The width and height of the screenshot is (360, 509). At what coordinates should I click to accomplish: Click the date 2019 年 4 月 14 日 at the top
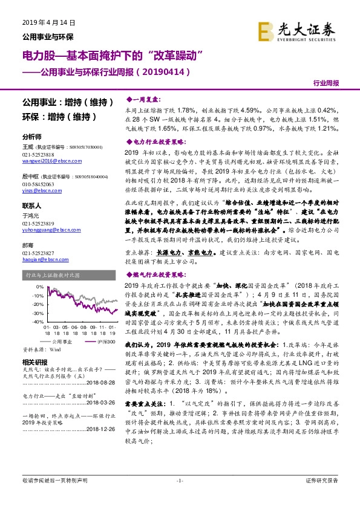pyautogui.click(x=48, y=22)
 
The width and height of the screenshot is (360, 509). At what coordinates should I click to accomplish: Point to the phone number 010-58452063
pyautogui.click(x=38, y=183)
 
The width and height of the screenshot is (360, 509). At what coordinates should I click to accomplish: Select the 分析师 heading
pyautogui.click(x=31, y=137)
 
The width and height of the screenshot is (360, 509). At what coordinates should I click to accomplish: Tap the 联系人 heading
pyautogui.click(x=31, y=205)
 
